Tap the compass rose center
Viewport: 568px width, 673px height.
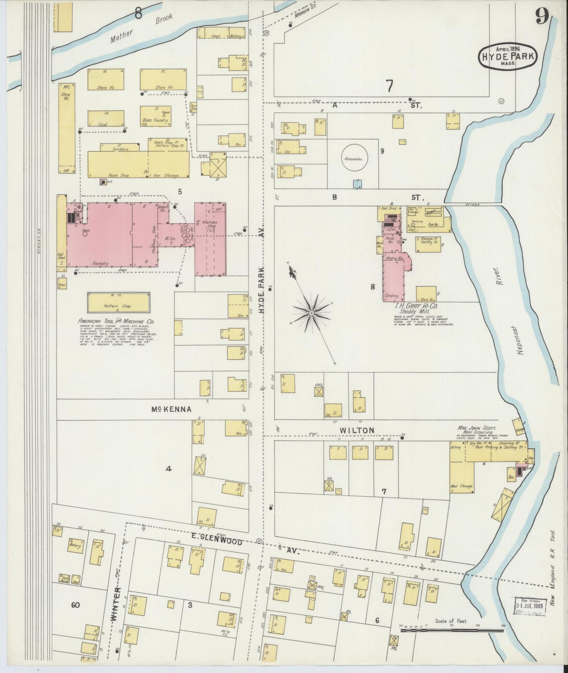point(311,313)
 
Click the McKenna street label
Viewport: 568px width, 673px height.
point(172,410)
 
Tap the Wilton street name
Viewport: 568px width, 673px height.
point(357,431)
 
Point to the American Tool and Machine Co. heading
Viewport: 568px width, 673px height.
point(116,321)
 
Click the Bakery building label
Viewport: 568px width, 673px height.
point(75,546)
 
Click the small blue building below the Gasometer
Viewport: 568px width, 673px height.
point(357,184)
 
